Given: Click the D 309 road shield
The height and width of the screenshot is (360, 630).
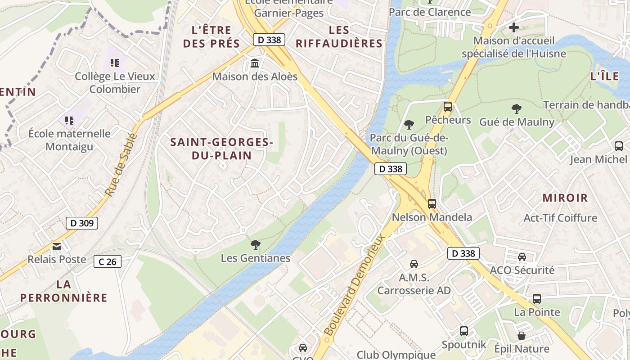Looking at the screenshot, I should (x=81, y=223).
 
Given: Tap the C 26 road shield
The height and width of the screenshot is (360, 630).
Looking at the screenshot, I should (x=108, y=261).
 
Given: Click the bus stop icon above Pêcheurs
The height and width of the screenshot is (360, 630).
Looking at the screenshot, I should (x=448, y=107).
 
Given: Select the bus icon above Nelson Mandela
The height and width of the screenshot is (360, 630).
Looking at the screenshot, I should (x=432, y=203).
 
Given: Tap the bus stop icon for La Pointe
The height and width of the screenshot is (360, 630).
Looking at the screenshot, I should (x=537, y=298).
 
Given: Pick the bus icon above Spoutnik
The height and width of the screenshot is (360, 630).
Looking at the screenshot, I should (x=464, y=331).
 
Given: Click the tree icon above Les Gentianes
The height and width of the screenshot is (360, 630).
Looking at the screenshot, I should (x=255, y=245).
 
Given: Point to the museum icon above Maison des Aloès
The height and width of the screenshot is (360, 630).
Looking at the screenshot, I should (x=255, y=63).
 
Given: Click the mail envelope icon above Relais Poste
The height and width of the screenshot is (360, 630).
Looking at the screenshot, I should (x=57, y=246).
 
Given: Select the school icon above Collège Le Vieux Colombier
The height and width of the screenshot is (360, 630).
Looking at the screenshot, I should (x=115, y=63).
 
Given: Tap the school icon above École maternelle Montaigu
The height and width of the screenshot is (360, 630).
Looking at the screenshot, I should (x=69, y=120).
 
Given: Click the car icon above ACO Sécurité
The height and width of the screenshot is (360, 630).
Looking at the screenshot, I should (x=522, y=257).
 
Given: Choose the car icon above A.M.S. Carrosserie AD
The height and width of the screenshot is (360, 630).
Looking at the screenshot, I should (x=414, y=264).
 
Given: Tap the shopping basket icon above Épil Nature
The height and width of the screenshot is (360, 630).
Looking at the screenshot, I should (x=522, y=336).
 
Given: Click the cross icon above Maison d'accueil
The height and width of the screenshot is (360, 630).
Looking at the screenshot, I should (x=514, y=27).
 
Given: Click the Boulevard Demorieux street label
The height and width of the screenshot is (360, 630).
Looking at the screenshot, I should (x=355, y=284).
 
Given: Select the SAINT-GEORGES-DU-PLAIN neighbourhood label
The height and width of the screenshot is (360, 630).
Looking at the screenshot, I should (x=221, y=149).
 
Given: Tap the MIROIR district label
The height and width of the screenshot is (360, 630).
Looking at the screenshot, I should (x=565, y=198).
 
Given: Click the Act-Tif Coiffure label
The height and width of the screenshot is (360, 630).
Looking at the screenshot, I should (x=560, y=218).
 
